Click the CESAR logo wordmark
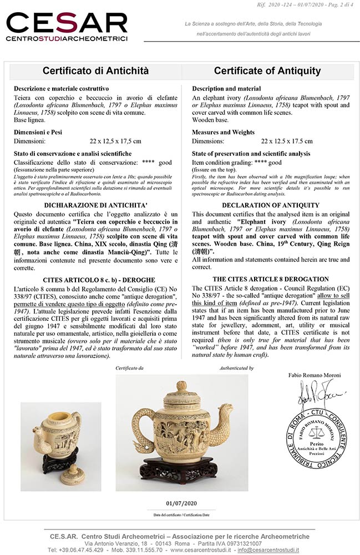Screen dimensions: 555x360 [x=67, y=24]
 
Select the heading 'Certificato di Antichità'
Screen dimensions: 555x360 [x=95, y=71]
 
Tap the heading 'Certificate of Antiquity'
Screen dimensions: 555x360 [x=267, y=71]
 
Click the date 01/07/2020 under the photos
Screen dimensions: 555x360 [x=182, y=503]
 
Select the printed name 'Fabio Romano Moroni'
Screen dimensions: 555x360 [x=315, y=375]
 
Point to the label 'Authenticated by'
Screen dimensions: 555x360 [x=236, y=368]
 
